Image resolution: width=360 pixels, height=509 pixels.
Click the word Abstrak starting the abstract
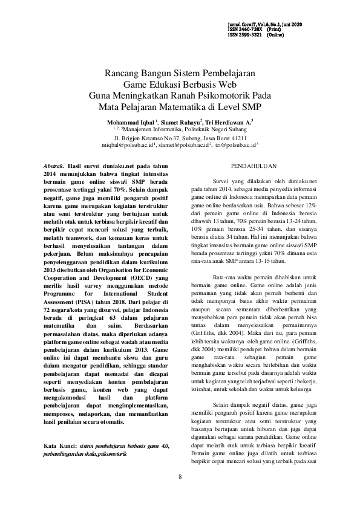57,166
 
